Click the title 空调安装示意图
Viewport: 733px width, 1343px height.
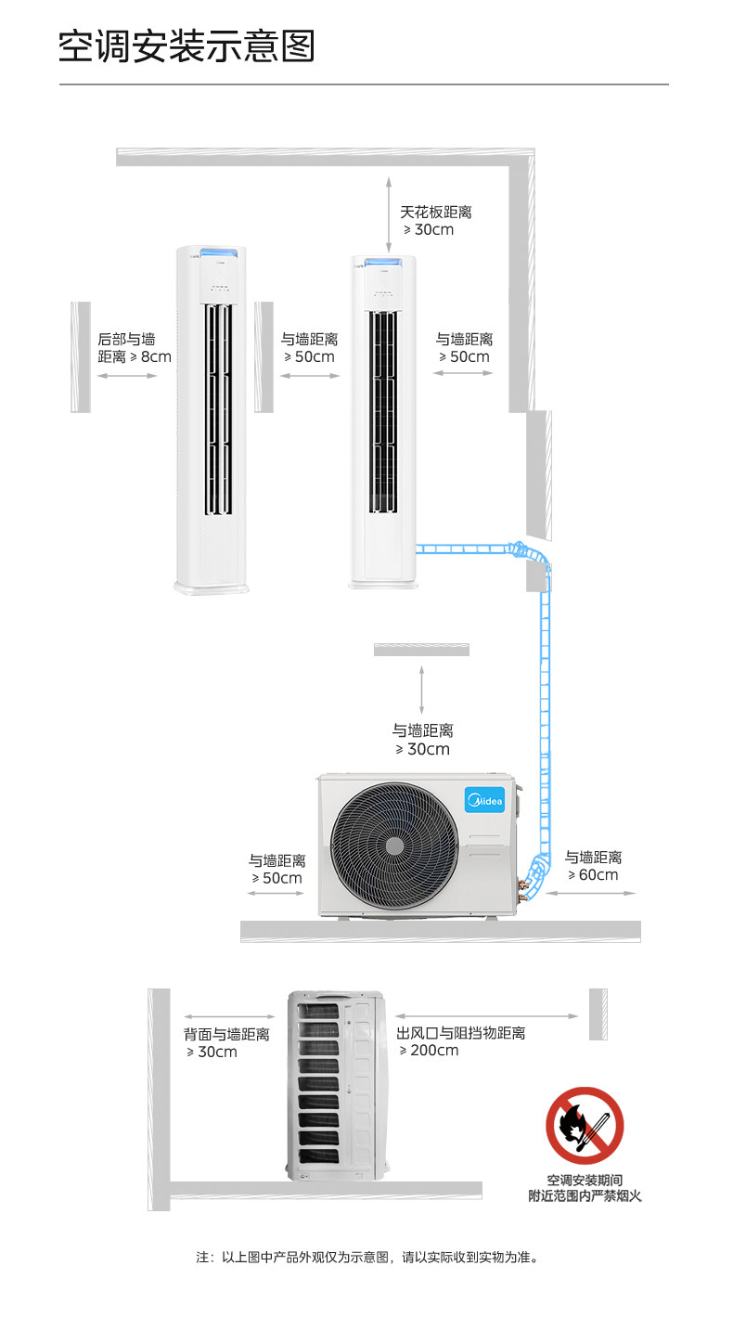click(x=186, y=46)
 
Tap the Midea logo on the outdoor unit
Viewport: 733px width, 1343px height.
click(x=483, y=798)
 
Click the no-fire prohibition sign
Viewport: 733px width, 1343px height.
click(x=585, y=1125)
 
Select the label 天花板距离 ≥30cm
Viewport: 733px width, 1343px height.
click(x=435, y=221)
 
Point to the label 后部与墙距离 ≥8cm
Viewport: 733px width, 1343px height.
click(x=135, y=348)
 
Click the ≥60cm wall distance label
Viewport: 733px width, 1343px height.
click(x=593, y=866)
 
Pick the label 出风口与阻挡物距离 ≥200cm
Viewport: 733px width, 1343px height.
click(x=460, y=1041)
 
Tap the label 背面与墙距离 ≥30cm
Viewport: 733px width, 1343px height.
click(x=226, y=1042)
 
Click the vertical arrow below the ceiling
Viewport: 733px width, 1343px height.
click(x=391, y=210)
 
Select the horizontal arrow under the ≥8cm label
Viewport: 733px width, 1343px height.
click(x=127, y=376)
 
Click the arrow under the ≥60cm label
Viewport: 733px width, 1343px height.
click(x=590, y=893)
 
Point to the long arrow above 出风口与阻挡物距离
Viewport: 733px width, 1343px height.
click(x=486, y=1015)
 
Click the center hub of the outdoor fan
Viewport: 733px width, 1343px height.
click(x=394, y=846)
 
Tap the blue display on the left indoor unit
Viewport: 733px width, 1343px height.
click(x=213, y=252)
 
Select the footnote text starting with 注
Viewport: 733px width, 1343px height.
click(x=366, y=1258)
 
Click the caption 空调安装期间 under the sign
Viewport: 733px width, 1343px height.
click(x=585, y=1181)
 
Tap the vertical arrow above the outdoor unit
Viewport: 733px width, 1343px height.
click(x=422, y=689)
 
